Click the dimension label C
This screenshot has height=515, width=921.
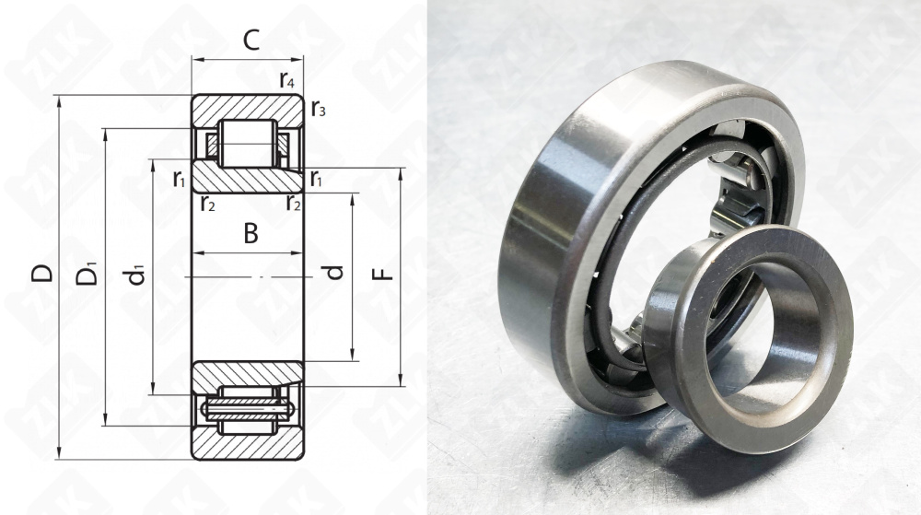click(251, 40)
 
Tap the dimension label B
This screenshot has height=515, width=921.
click(251, 234)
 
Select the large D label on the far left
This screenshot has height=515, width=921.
click(42, 274)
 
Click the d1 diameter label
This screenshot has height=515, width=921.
click(136, 275)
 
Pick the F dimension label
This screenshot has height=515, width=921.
click(383, 275)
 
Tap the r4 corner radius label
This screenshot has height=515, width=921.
click(286, 79)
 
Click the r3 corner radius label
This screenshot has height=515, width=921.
click(318, 108)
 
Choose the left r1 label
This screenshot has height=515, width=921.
click(180, 179)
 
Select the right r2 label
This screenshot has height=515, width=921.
click(294, 204)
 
